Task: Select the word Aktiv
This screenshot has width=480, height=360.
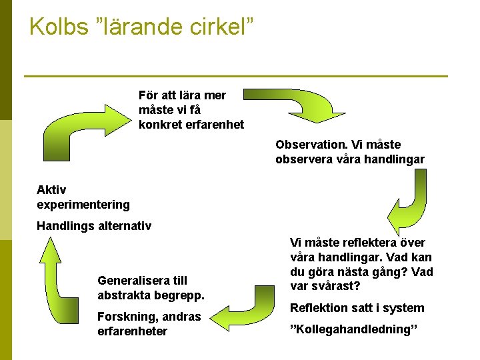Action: (52, 190)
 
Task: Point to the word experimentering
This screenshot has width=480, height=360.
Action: (83, 205)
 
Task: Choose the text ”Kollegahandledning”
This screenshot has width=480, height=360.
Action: (354, 329)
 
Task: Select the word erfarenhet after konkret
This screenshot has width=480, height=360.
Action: (215, 125)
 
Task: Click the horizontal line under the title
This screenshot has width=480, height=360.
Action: (235, 76)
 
